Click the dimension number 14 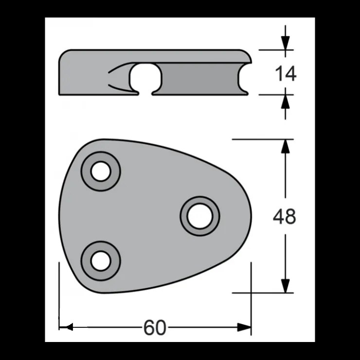click(286, 73)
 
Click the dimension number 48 click(285, 216)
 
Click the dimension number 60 click(155, 327)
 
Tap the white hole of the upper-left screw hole click(101, 171)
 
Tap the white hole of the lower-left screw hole click(101, 261)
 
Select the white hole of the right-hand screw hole click(200, 216)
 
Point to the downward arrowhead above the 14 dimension click(286, 43)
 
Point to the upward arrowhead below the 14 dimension click(286, 102)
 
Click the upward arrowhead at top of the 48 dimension click(286, 146)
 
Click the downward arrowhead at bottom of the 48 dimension click(286, 286)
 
